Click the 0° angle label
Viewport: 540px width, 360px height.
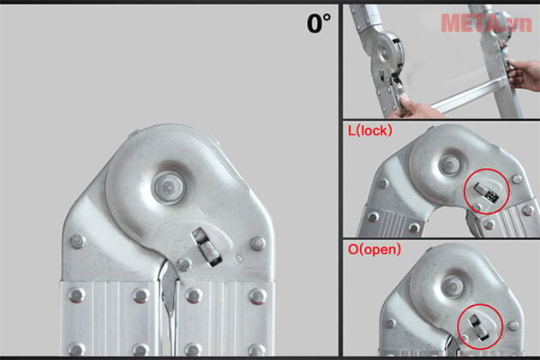(318, 23)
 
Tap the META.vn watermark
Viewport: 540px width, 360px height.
(484, 22)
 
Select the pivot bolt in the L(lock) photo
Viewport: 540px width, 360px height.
(450, 162)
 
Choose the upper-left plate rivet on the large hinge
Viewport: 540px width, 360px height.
(78, 242)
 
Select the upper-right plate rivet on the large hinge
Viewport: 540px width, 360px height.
(257, 243)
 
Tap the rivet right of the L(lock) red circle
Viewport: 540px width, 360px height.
(517, 179)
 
